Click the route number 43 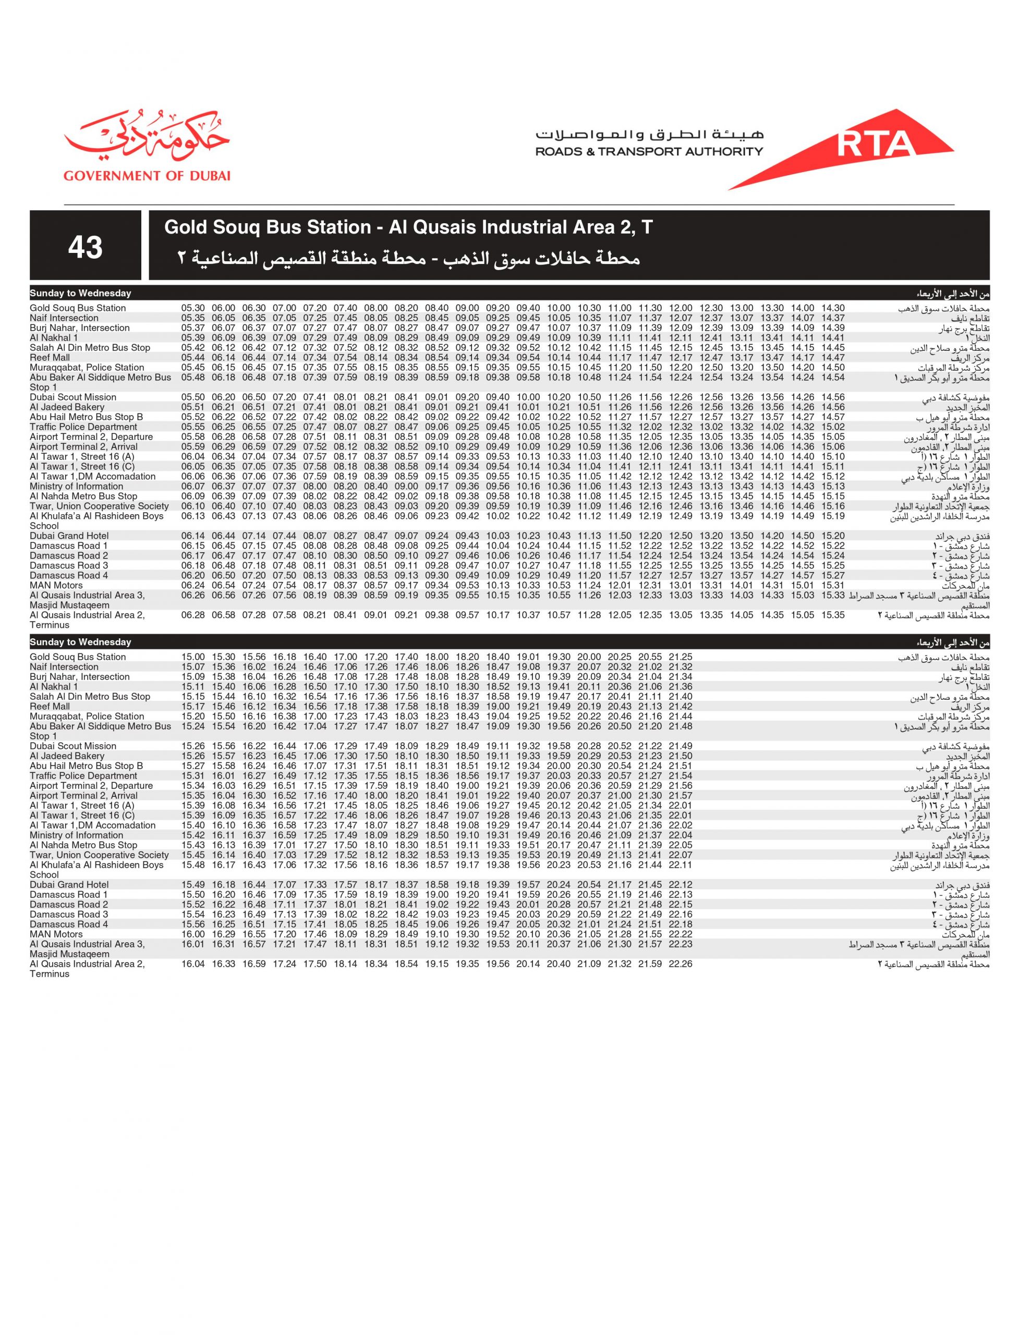(x=85, y=247)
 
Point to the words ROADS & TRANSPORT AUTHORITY (x=649, y=152)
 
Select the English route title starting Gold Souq (x=408, y=227)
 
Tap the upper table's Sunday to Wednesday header (x=81, y=294)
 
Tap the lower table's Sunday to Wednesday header (x=81, y=642)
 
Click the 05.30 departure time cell (x=193, y=308)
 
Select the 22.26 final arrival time (x=681, y=964)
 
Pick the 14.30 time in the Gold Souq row (x=833, y=308)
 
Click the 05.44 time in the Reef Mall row (x=193, y=358)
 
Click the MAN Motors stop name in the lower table (x=56, y=934)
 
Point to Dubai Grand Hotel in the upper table (x=69, y=536)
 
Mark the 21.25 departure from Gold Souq (x=681, y=657)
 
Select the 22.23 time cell (x=681, y=944)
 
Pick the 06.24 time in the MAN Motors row (x=193, y=585)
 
